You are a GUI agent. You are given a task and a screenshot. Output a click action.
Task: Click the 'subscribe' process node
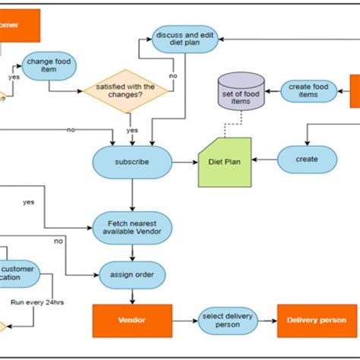(x=132, y=162)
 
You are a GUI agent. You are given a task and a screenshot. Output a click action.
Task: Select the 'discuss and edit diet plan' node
(x=179, y=39)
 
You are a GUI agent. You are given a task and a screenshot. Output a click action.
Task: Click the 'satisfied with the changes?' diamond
(x=128, y=92)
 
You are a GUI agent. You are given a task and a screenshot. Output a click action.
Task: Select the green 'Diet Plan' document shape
(x=225, y=162)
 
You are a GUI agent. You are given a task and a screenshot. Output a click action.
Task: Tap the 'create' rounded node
(x=307, y=159)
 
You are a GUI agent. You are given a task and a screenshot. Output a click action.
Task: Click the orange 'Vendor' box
(x=131, y=320)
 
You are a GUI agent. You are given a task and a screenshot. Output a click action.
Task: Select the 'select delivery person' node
(x=228, y=320)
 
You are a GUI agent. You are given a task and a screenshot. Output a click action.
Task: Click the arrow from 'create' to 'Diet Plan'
(x=264, y=160)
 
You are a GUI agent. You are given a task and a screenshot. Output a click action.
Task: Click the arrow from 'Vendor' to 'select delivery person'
(x=185, y=320)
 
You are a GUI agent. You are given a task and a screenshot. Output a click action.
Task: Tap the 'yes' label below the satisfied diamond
(x=132, y=130)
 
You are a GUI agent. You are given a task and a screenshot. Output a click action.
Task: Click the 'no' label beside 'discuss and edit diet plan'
(x=172, y=76)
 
